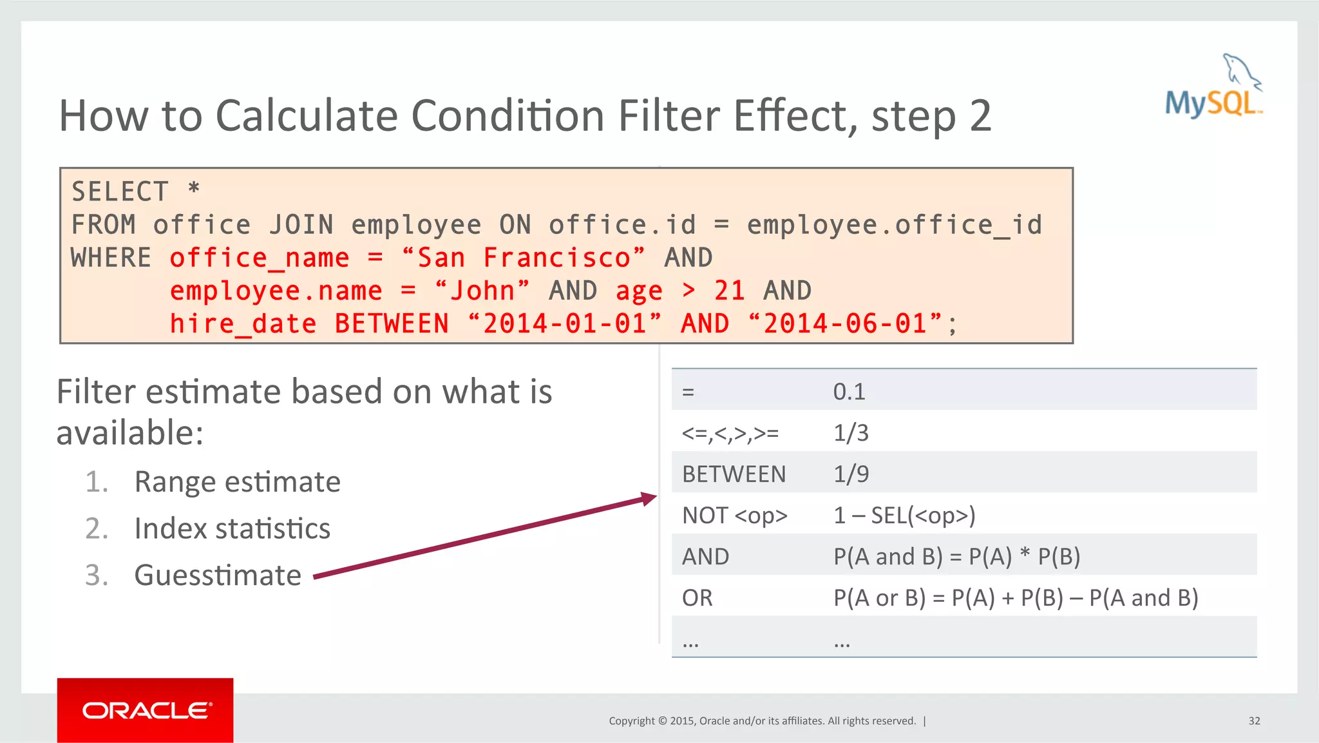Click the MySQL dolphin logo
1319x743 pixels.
[1214, 87]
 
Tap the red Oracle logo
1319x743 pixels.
[145, 710]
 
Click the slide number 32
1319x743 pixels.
[1254, 721]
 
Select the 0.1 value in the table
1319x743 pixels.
[849, 392]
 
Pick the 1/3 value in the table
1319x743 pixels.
[851, 433]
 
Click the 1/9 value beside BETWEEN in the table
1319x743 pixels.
[851, 474]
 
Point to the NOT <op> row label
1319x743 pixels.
[734, 516]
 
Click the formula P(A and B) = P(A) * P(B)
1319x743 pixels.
[956, 557]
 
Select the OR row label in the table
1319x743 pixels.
[697, 598]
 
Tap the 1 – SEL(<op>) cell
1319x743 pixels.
[904, 516]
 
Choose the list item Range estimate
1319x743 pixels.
[237, 482]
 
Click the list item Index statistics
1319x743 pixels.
[232, 529]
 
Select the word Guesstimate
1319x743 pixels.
[218, 575]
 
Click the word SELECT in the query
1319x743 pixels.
[120, 192]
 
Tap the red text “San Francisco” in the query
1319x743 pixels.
[522, 258]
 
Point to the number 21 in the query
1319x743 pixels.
[729, 291]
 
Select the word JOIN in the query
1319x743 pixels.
[301, 225]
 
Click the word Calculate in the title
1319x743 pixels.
[306, 116]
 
